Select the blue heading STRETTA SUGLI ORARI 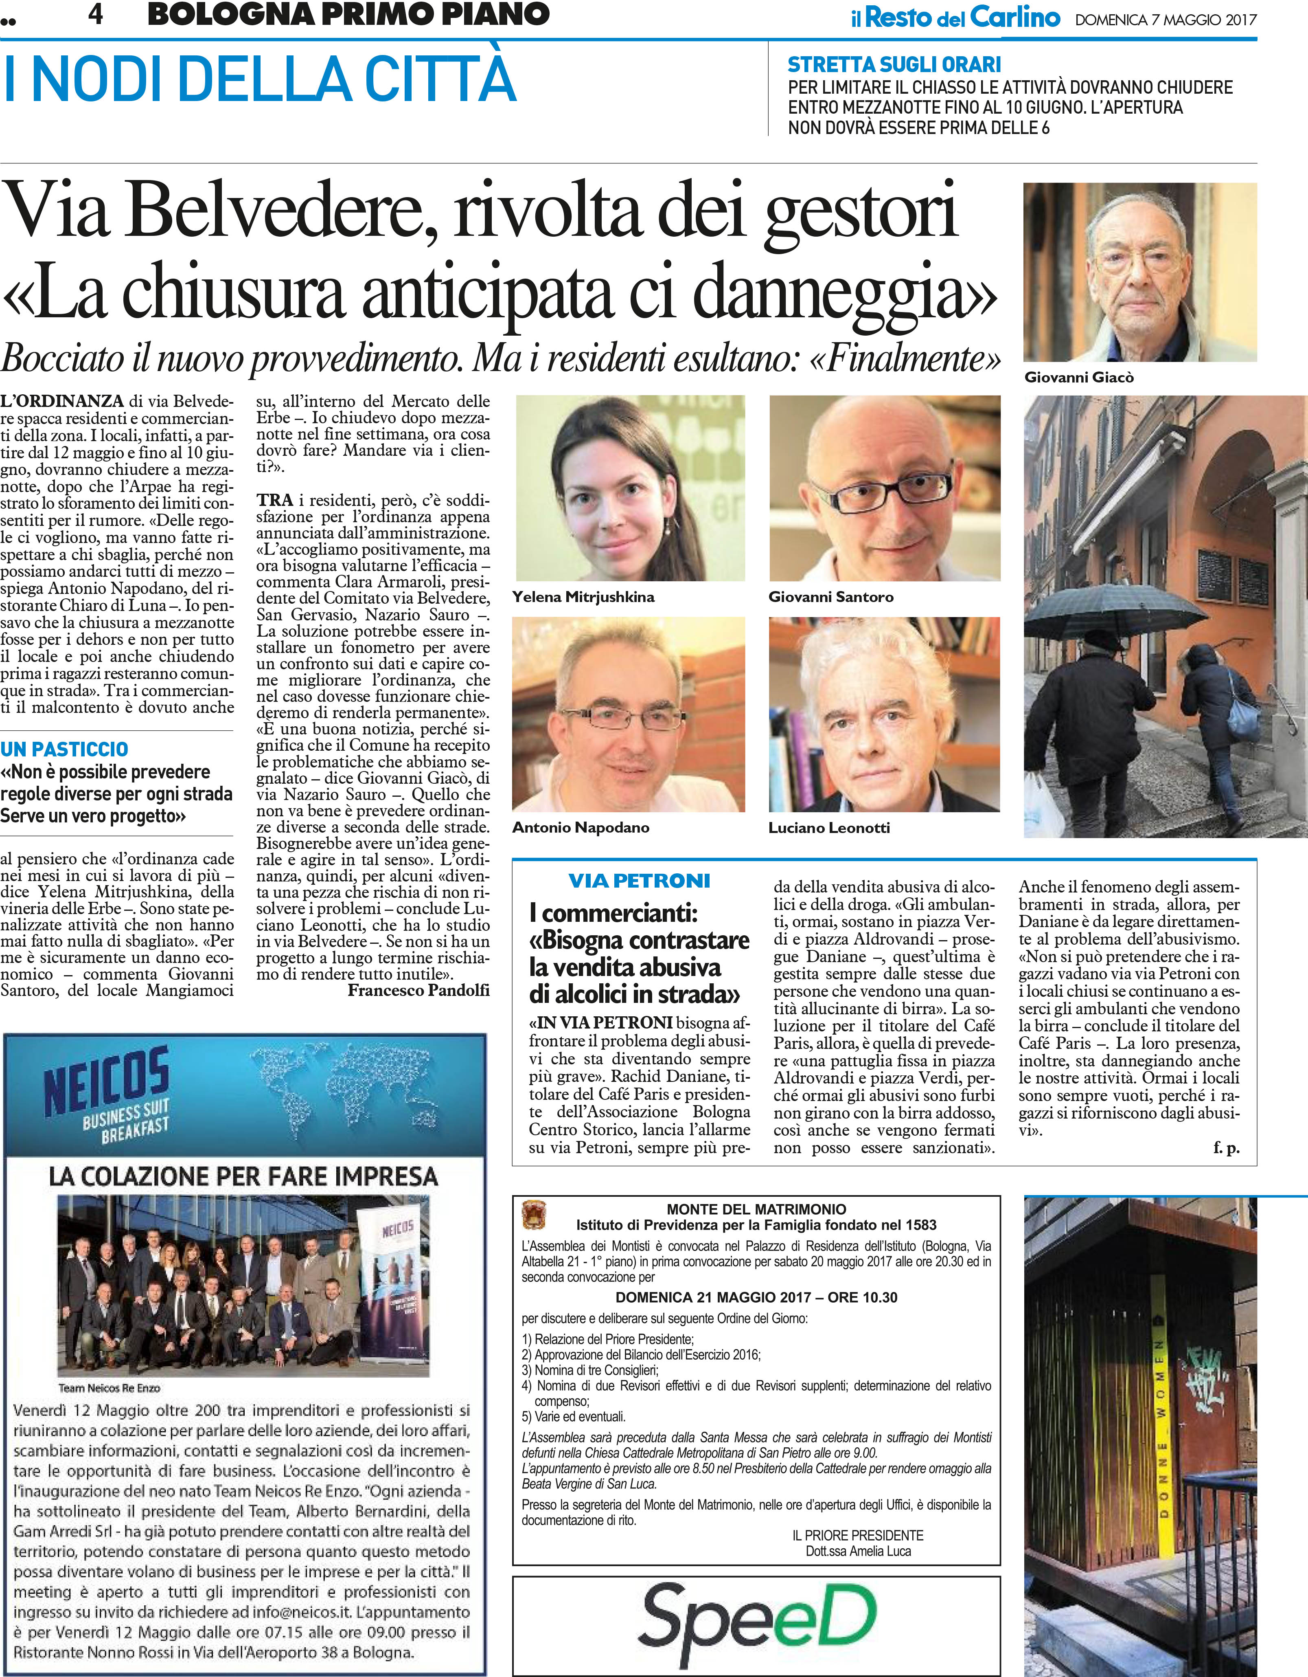point(894,64)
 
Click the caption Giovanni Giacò point(1078,377)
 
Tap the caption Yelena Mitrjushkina point(583,597)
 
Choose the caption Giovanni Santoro point(830,597)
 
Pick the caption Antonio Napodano point(580,828)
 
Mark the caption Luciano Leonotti point(829,828)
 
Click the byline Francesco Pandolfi point(418,991)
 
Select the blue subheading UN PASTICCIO point(64,749)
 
